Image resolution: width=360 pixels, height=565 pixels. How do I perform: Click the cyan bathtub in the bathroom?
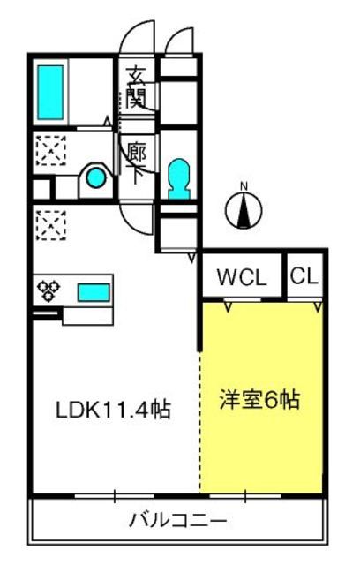(x=51, y=93)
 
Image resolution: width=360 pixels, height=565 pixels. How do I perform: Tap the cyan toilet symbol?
(x=179, y=179)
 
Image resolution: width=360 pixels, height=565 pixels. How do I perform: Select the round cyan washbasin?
(x=95, y=178)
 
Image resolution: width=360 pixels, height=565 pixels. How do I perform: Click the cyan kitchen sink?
(x=94, y=292)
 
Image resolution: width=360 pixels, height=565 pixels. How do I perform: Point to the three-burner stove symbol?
(x=49, y=290)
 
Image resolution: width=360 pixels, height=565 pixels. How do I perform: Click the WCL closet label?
(x=242, y=277)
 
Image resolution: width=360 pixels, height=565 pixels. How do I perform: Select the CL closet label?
(x=304, y=276)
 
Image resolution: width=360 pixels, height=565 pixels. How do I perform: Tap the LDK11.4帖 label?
(x=113, y=409)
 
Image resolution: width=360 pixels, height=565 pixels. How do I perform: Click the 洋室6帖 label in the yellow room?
(x=260, y=400)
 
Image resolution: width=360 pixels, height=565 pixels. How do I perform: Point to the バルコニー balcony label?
(x=178, y=520)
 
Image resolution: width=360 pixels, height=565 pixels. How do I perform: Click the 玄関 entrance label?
(x=135, y=87)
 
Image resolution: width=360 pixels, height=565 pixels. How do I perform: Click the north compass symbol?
(x=244, y=210)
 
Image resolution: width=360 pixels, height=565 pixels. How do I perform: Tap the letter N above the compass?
(x=244, y=186)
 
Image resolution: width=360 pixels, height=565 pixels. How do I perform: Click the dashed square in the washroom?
(x=51, y=150)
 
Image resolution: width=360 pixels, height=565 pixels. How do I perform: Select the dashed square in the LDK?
(x=51, y=225)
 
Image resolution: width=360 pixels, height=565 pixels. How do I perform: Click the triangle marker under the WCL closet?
(x=227, y=306)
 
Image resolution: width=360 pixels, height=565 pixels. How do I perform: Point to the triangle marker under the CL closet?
(x=318, y=306)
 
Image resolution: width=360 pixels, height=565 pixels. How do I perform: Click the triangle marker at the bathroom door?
(x=108, y=121)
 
